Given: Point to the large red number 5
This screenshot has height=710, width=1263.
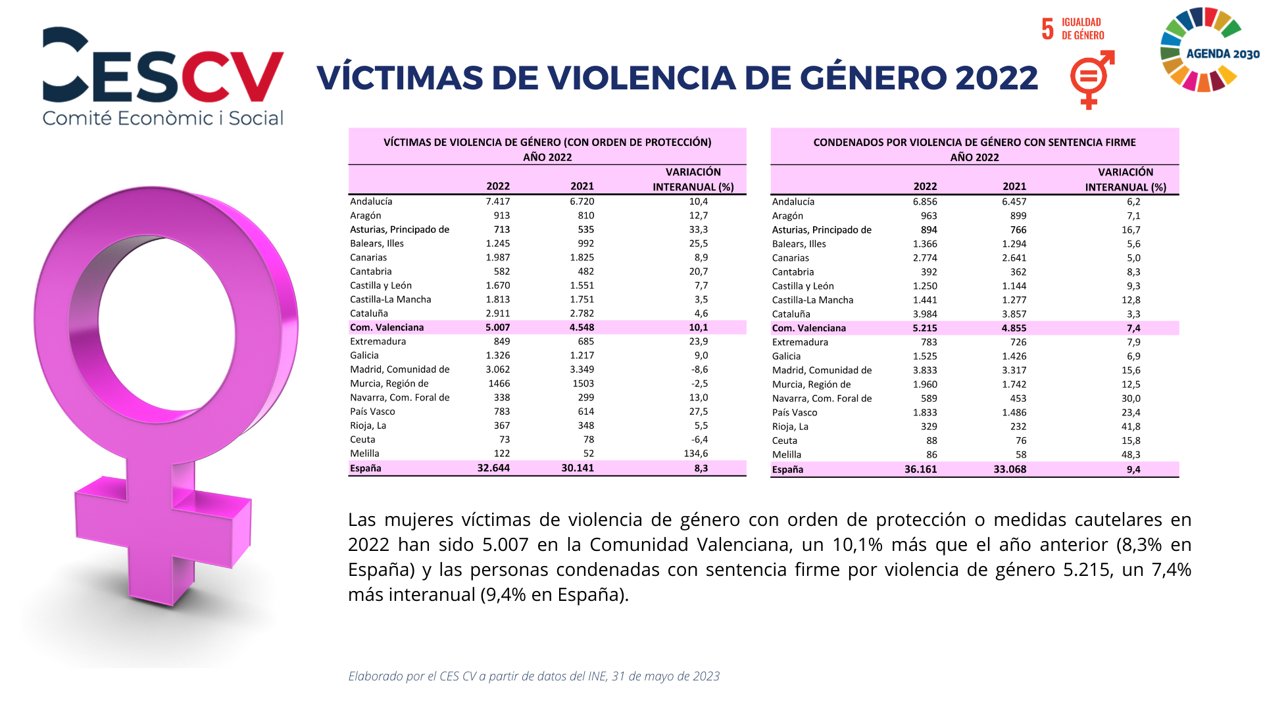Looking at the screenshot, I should point(1047,29).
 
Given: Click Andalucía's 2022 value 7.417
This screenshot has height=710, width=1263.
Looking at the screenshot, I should point(497,201).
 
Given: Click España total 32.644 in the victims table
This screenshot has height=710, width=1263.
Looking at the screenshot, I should point(493,468).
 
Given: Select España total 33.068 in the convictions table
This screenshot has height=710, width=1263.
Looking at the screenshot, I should point(1010,469).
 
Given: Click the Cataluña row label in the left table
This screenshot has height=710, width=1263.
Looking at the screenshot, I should point(369,314).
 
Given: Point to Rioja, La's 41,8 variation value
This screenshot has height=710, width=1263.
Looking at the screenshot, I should point(1131,427).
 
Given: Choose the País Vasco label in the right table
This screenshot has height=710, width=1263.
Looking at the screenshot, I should point(795,413).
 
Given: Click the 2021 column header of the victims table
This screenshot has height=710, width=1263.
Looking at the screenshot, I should point(582,186).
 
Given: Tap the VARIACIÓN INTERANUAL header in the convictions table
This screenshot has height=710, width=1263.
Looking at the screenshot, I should point(1126,179).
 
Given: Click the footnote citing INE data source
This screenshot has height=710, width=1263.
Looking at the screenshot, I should point(533,676).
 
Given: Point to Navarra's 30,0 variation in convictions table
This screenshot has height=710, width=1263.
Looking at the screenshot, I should point(1131,398).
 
